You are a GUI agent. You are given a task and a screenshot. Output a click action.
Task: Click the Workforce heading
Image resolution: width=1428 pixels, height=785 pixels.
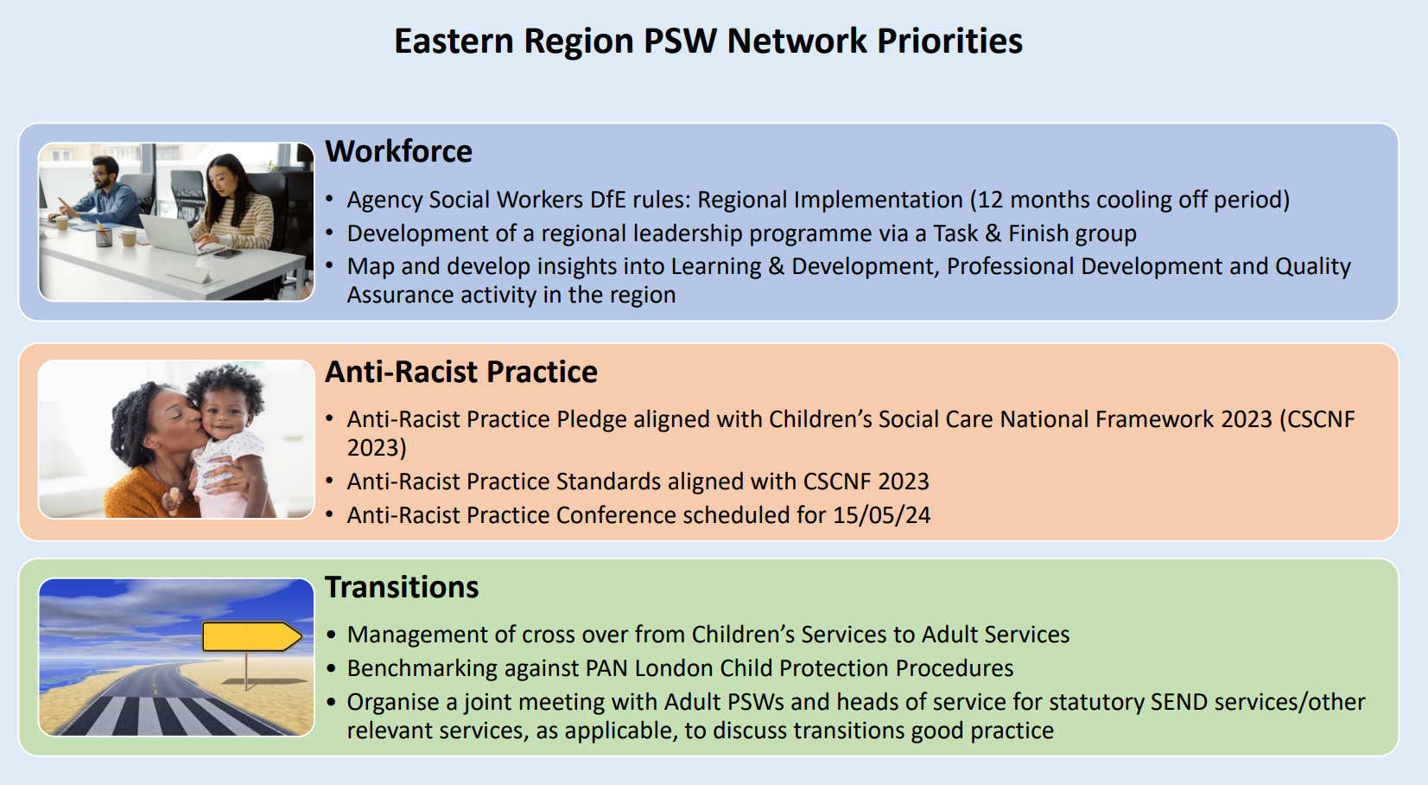point(398,151)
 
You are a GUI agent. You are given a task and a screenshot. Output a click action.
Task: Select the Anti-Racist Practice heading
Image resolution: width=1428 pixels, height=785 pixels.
point(461,372)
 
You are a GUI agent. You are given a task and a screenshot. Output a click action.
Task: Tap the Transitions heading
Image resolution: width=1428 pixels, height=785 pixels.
point(402,586)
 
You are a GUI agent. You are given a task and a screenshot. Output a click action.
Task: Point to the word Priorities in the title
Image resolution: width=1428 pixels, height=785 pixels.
point(950,41)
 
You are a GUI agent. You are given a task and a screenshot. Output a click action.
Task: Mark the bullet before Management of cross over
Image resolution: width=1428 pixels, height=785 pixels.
point(330,635)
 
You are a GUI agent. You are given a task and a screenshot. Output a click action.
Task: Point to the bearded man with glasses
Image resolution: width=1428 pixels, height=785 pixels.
point(102,191)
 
